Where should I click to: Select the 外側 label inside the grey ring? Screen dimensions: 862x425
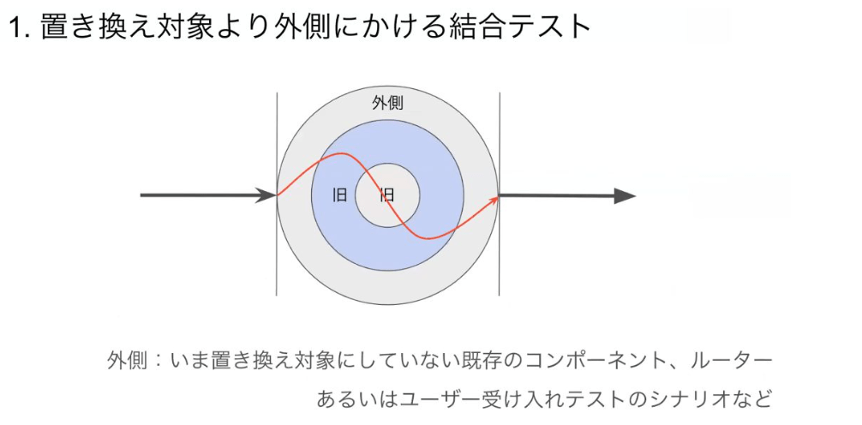tap(387, 104)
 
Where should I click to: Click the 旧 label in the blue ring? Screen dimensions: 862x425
tap(339, 195)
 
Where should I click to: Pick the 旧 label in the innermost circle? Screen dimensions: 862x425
tap(387, 195)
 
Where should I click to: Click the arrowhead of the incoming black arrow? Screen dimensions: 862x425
tap(266, 195)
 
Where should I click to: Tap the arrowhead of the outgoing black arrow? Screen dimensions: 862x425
tap(625, 195)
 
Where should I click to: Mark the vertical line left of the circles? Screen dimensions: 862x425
tap(277, 195)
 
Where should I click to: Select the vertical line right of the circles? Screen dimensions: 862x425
tap(500, 195)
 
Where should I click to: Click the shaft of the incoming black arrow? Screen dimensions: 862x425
tap(199, 195)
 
